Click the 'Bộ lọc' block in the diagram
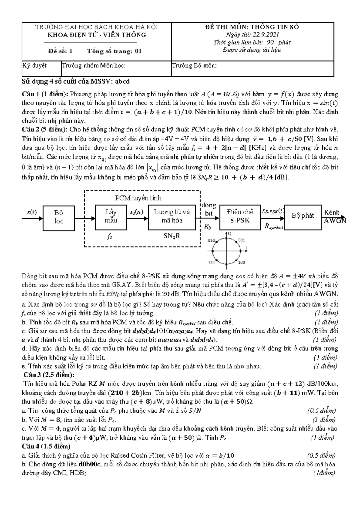click(59, 217)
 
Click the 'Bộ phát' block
click(302, 216)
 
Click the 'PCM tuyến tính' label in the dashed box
click(138, 198)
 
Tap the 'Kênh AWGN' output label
click(335, 217)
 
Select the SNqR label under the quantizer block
click(172, 236)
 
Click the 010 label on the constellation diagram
click(211, 240)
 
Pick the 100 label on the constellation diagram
click(241, 262)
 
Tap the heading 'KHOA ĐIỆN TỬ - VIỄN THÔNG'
click(97, 35)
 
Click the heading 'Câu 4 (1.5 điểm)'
click(46, 446)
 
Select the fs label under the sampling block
click(110, 236)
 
